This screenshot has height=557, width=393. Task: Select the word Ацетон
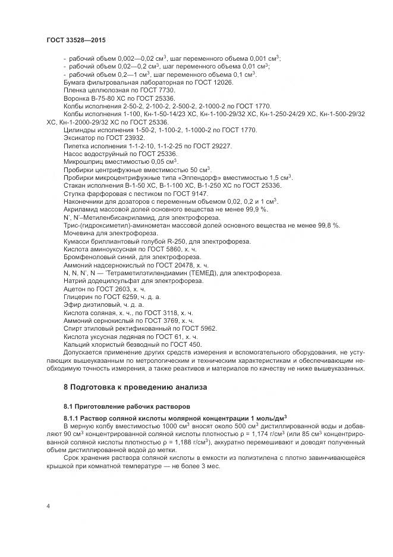click(75, 288)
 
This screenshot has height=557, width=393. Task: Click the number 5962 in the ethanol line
click(209, 328)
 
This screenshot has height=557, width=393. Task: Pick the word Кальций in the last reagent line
click(77, 344)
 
